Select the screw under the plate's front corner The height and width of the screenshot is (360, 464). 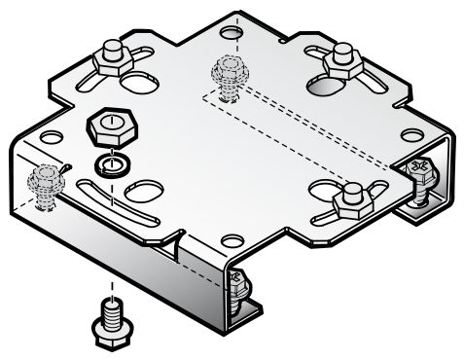pyautogui.click(x=236, y=287)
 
